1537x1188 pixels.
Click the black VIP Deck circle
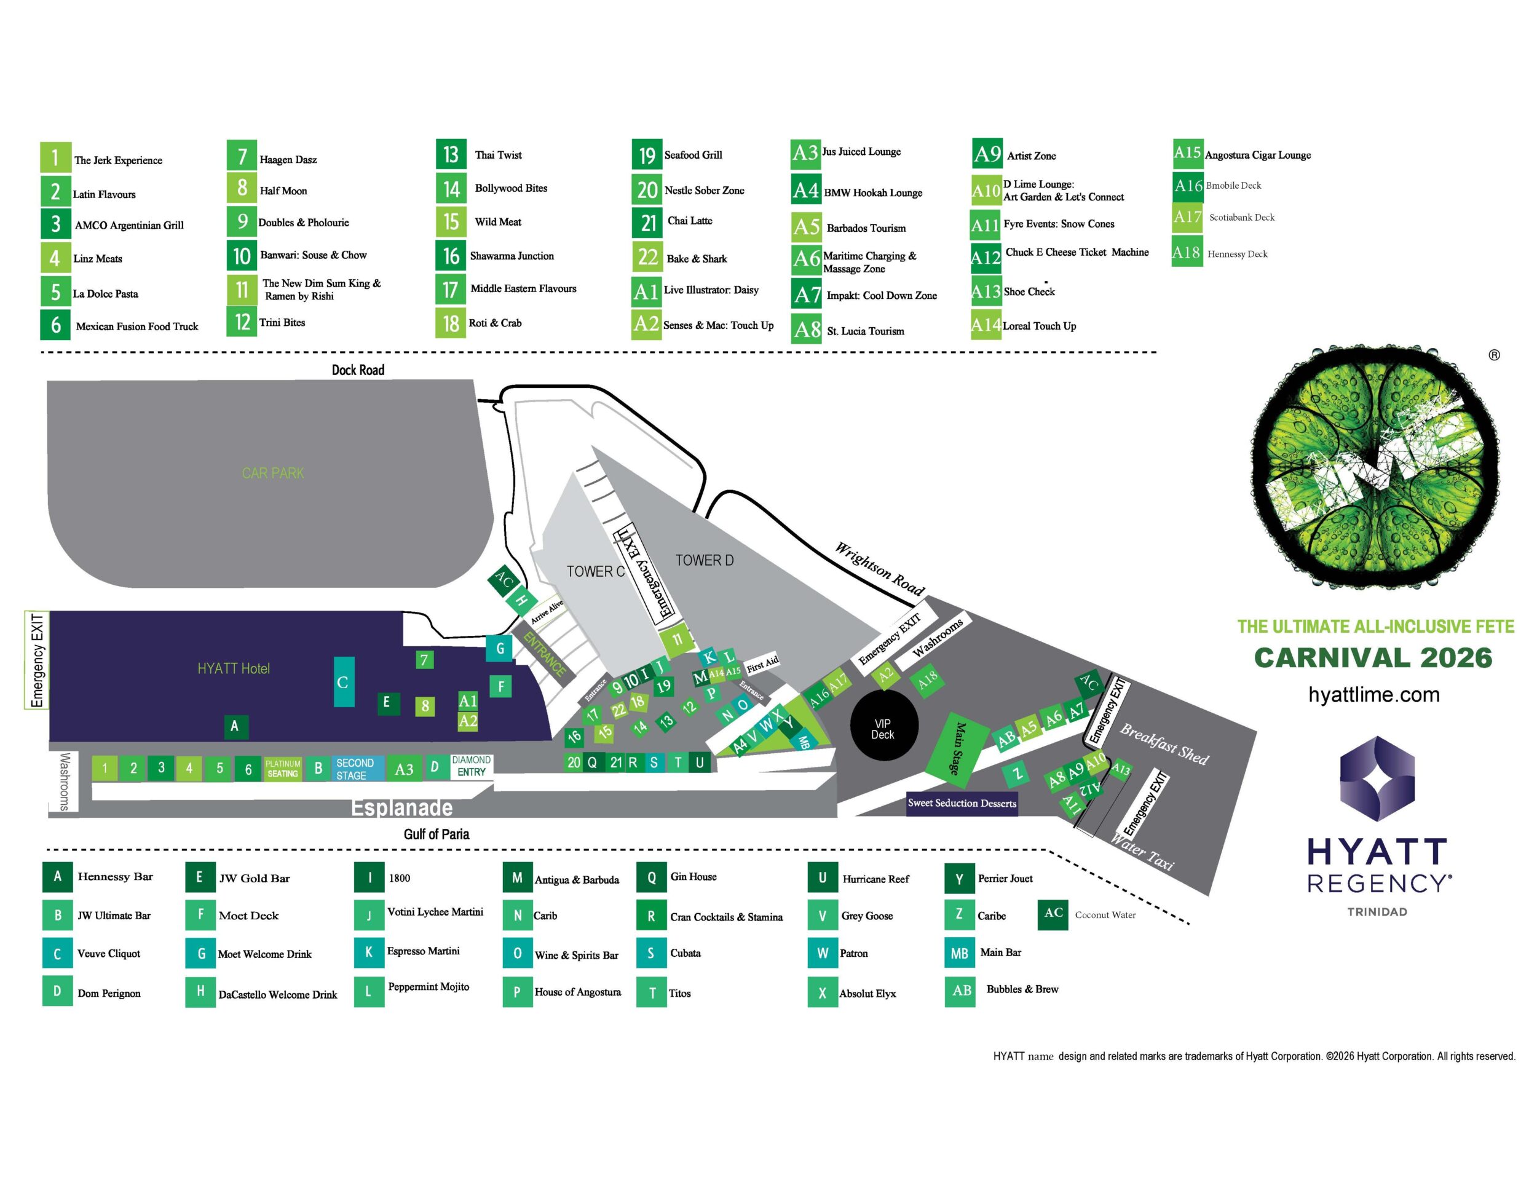tap(882, 729)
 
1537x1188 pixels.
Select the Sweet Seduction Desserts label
tap(962, 803)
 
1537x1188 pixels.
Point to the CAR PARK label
tap(272, 473)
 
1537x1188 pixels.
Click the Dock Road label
tap(358, 370)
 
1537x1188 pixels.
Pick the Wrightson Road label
tap(879, 569)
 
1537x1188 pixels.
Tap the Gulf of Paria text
tap(437, 834)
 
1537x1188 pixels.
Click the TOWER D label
tap(704, 560)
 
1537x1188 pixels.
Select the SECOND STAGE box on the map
tap(355, 769)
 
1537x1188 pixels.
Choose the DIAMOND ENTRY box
tap(471, 766)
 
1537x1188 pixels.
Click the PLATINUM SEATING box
tap(283, 769)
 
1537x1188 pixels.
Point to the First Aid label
tap(762, 662)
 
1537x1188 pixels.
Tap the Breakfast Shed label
tap(1164, 744)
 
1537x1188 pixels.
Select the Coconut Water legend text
tap(1105, 915)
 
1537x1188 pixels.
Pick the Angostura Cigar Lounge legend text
tap(1258, 156)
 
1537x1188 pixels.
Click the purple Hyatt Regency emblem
tap(1377, 779)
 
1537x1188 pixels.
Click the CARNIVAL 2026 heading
tap(1373, 657)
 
